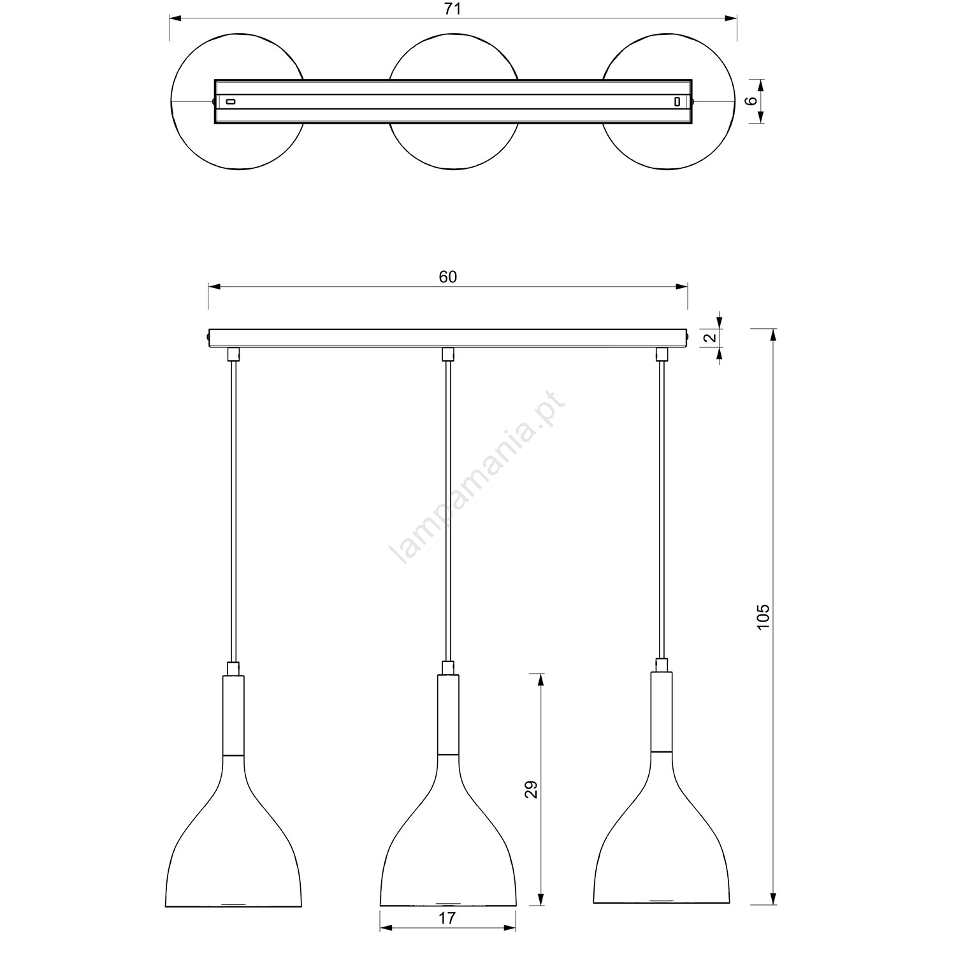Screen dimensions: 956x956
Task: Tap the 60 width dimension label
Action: click(x=448, y=277)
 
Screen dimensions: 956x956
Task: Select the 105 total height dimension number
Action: click(x=764, y=616)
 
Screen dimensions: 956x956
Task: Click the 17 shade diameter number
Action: click(x=447, y=936)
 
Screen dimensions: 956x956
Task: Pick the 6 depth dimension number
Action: click(x=751, y=101)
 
